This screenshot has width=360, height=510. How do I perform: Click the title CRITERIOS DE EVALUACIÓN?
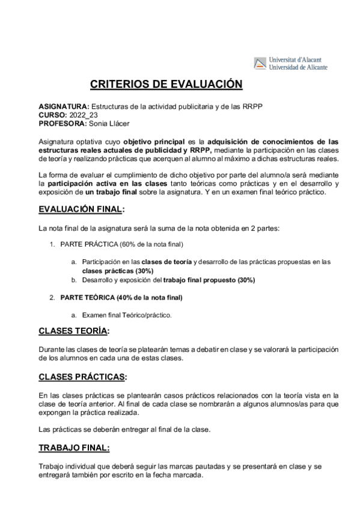tap(166, 84)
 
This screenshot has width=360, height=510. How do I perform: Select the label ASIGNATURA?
tap(64, 106)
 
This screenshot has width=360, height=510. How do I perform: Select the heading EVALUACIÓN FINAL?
tap(81, 209)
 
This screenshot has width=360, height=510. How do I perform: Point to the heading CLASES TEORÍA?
tap(74, 331)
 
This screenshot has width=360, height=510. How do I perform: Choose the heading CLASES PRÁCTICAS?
tap(82, 377)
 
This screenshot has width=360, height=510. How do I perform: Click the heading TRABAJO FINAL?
tap(74, 448)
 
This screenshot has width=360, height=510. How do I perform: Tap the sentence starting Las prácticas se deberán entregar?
tap(125, 429)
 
